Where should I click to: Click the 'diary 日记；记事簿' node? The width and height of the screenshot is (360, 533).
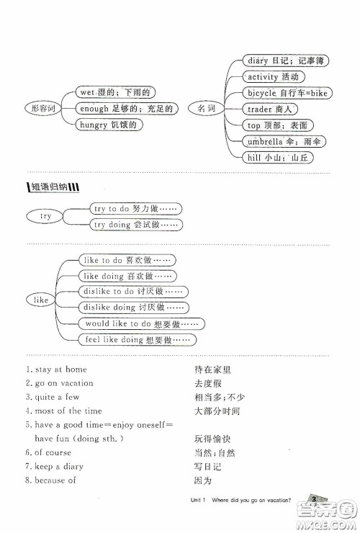point(279,61)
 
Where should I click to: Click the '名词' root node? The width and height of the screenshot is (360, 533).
point(206,109)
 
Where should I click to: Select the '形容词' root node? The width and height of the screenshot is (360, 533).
point(42,109)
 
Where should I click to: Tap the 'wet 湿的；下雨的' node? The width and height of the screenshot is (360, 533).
point(117,92)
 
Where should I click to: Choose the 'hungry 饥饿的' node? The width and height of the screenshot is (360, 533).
point(109,125)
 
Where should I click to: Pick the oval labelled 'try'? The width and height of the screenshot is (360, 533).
point(45,216)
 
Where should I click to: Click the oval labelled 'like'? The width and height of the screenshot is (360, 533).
point(41,299)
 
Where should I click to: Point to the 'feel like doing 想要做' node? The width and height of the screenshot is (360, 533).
point(137,340)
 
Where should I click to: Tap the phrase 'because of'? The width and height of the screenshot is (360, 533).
point(55,480)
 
